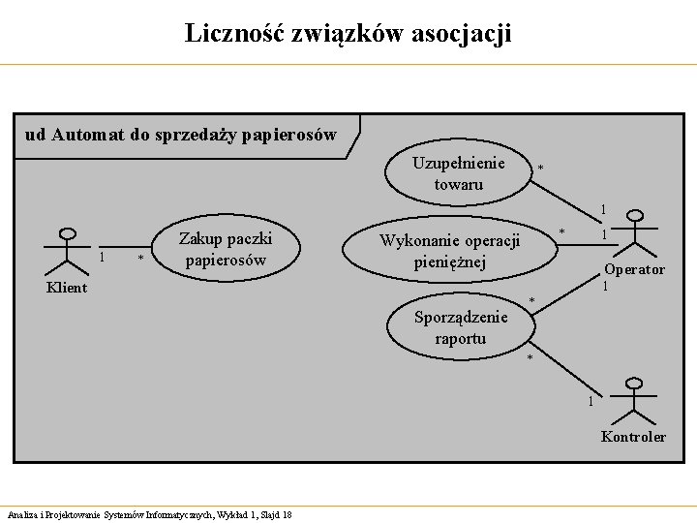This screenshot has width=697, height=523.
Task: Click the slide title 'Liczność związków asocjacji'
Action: (x=348, y=34)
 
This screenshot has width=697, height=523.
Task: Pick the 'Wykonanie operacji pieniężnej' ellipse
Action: (x=450, y=252)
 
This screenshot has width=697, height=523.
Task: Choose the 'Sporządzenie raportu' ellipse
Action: (x=461, y=327)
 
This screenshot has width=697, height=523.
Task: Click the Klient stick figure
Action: (x=67, y=252)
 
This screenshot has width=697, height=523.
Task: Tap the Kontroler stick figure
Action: (x=634, y=401)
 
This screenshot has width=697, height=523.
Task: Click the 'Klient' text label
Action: (x=67, y=288)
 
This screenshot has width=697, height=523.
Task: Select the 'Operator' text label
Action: (x=634, y=270)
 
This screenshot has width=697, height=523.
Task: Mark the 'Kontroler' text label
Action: (x=633, y=437)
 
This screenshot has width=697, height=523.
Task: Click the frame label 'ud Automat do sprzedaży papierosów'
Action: (x=181, y=135)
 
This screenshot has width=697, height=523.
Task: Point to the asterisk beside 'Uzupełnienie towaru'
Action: (x=540, y=169)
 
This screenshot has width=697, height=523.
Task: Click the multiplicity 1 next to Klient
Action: (x=103, y=257)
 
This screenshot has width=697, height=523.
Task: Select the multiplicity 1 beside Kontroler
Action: (x=591, y=402)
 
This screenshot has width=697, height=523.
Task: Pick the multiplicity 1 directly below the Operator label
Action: (x=606, y=286)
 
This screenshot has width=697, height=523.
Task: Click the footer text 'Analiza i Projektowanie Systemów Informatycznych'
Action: (x=106, y=513)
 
